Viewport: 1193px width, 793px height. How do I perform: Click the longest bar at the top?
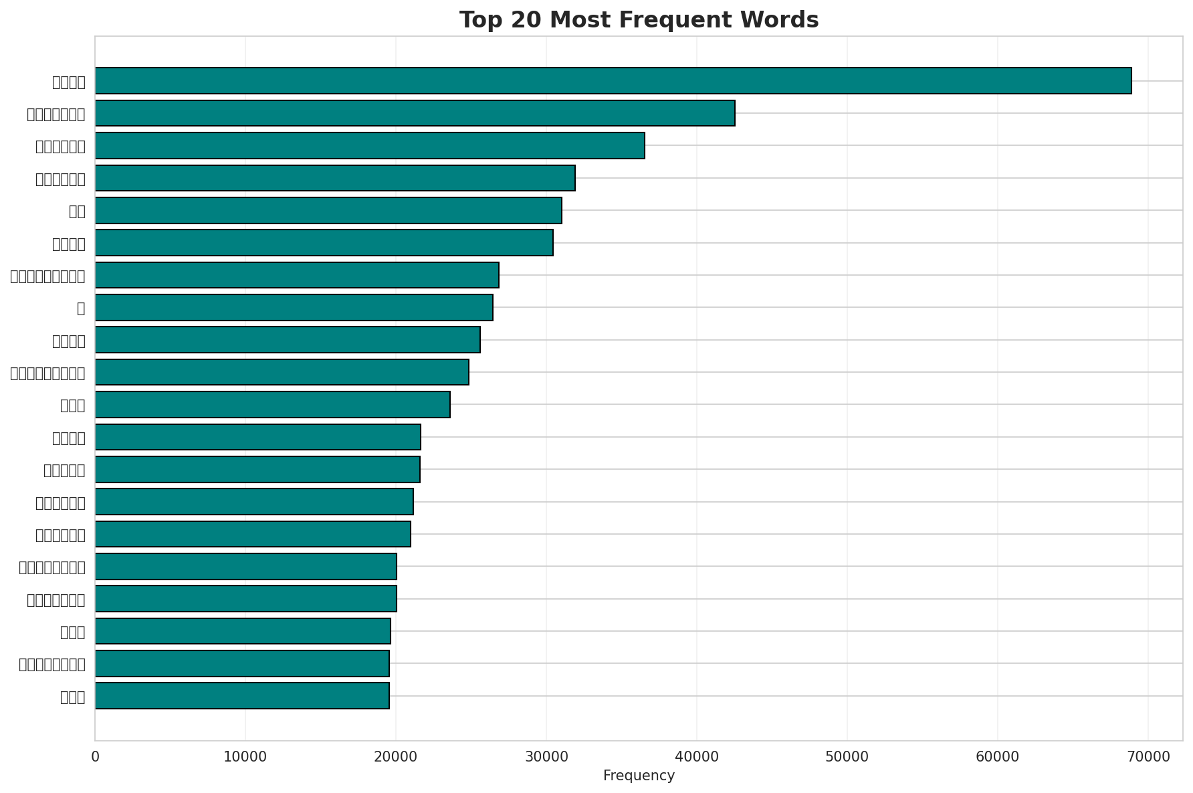coord(613,81)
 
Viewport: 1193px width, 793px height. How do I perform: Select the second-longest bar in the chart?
coord(415,113)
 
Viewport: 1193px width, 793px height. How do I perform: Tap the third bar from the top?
coord(370,145)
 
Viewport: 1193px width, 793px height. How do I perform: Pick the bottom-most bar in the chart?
coord(242,696)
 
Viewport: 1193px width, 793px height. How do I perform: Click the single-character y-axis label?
coord(81,308)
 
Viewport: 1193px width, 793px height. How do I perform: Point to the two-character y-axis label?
coord(77,211)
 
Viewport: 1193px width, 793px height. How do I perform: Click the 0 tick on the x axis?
coord(95,756)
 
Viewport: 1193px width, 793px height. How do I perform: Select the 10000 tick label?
coord(245,756)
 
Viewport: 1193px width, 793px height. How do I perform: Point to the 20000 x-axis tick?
coord(396,756)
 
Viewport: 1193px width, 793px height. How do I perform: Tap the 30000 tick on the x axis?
coord(546,756)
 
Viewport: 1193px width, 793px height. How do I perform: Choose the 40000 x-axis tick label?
coord(697,756)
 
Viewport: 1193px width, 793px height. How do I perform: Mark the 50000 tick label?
coord(847,756)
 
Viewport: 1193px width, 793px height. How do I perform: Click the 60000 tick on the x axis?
coord(998,756)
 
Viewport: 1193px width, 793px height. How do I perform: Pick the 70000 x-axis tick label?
coord(1148,756)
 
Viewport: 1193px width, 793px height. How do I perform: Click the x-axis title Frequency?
coord(639,776)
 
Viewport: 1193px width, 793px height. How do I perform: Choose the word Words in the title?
coord(782,21)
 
